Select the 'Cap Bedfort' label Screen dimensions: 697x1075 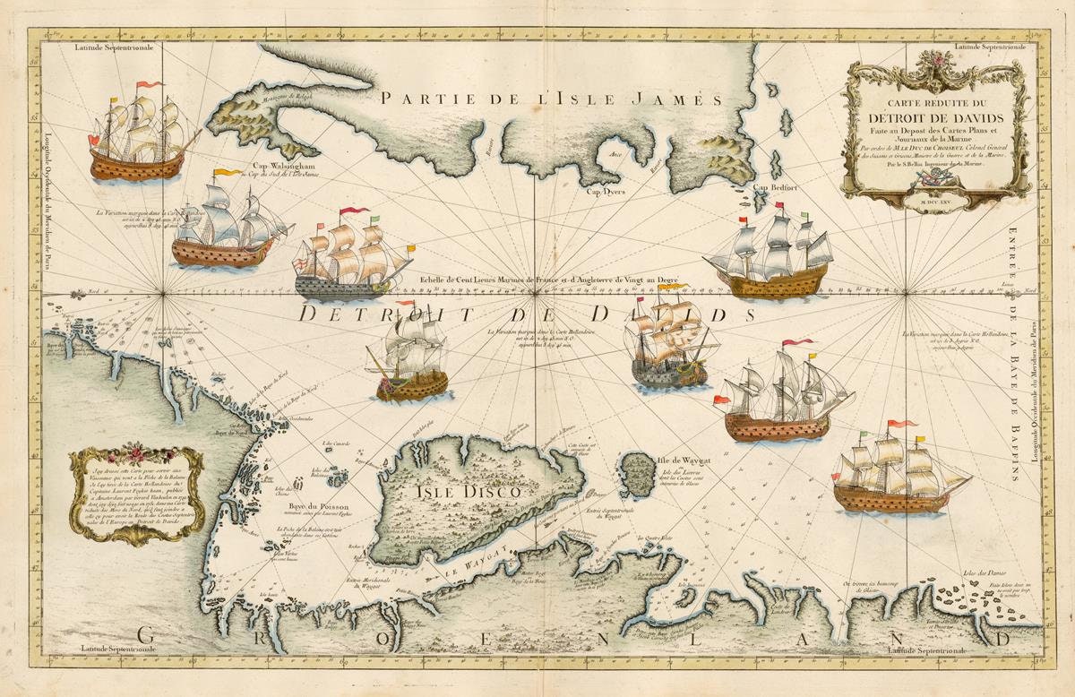click(775, 187)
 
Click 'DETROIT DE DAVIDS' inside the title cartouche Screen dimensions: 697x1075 click(934, 118)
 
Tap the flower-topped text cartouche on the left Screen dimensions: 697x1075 click(136, 493)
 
